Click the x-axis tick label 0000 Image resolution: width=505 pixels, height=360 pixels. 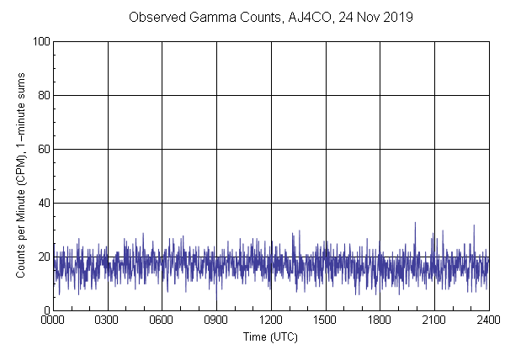[53, 320]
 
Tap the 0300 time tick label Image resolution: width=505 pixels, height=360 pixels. [108, 320]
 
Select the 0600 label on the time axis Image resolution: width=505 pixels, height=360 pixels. [162, 320]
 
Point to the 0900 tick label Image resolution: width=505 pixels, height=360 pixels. [216, 320]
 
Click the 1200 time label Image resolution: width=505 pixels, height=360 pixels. [271, 320]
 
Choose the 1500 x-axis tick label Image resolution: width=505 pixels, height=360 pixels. [325, 320]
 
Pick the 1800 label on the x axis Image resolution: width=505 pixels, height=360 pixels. [380, 320]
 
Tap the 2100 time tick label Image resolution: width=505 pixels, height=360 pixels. [434, 320]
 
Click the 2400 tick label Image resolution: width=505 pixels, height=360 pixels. [488, 320]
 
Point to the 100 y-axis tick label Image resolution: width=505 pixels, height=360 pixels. [40, 41]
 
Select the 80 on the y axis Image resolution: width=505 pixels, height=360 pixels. [43, 95]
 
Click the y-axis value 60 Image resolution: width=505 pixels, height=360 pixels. [43, 149]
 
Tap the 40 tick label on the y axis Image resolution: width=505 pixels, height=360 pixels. [43, 203]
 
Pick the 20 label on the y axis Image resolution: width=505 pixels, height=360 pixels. [43, 257]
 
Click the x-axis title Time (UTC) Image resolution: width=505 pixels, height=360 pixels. [270, 336]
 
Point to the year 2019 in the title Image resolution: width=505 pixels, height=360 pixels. [397, 18]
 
